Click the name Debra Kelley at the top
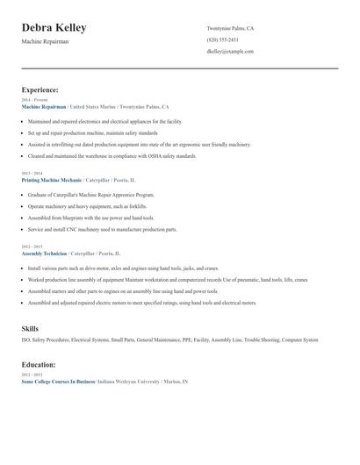point(54,28)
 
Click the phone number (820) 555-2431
point(222,40)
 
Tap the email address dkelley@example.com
point(230,52)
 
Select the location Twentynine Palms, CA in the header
point(230,28)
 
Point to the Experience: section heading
point(40,89)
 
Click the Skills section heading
point(30,328)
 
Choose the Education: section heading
point(39,364)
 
